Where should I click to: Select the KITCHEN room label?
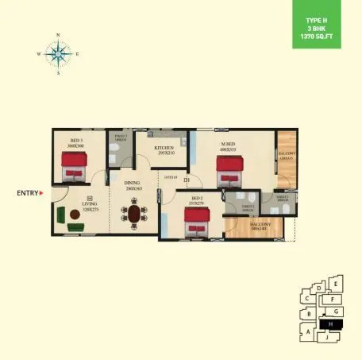click(x=164, y=149)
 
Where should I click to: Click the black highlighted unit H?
click(x=330, y=323)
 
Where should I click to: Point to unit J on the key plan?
click(x=326, y=337)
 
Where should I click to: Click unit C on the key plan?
click(x=306, y=299)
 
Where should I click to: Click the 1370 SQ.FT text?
click(x=328, y=37)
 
